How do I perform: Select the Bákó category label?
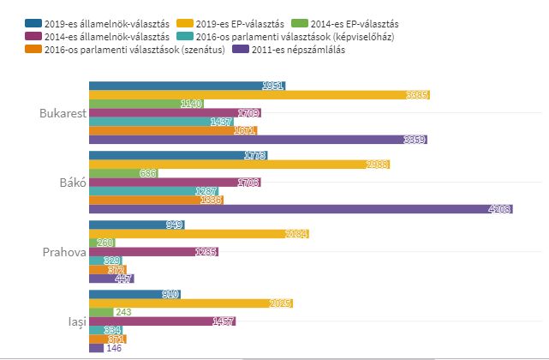point(69,183)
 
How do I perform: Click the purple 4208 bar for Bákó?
point(300,208)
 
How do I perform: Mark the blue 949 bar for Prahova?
point(136,225)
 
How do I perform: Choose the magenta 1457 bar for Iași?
point(162,321)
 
